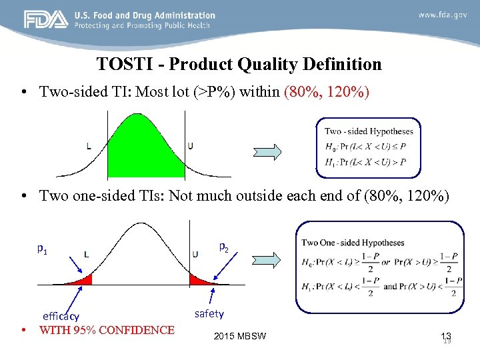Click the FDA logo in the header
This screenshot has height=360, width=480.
(x=46, y=19)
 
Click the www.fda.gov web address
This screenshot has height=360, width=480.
(x=443, y=15)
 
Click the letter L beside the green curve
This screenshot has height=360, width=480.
(x=89, y=146)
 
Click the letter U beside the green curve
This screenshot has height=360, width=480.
(x=191, y=146)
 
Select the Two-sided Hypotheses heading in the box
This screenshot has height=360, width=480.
(x=369, y=131)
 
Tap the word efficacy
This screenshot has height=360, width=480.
(x=61, y=317)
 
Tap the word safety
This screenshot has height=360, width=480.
(x=209, y=313)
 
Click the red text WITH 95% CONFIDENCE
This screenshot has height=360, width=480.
(x=107, y=330)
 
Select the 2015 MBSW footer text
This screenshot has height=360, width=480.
(x=240, y=335)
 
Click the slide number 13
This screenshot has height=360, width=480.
(x=446, y=337)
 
